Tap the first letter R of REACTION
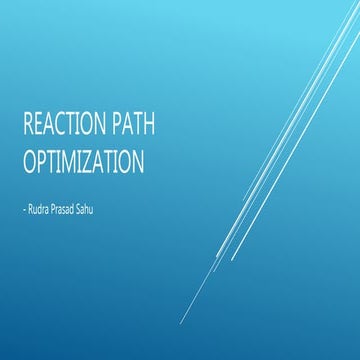(x=29, y=126)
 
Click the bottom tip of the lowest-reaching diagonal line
(x=181, y=323)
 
